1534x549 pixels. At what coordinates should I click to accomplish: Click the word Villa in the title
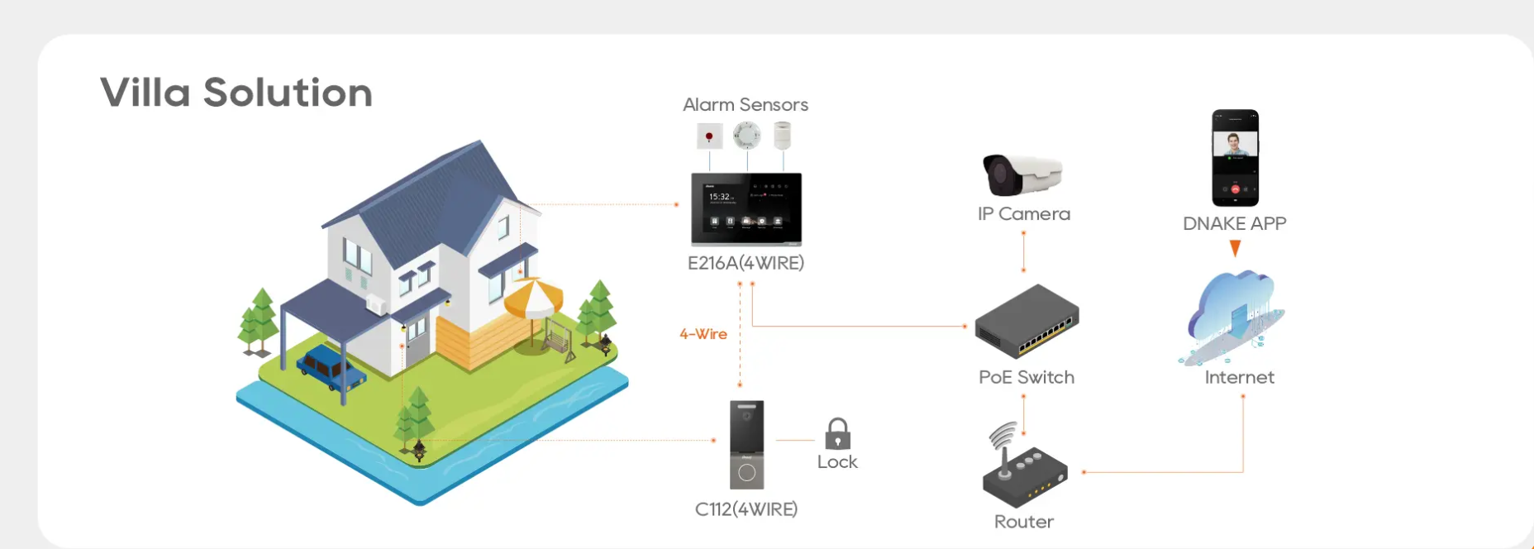point(145,93)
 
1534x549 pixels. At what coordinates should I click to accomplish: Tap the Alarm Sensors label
point(746,105)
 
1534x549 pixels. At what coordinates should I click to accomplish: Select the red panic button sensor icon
point(709,136)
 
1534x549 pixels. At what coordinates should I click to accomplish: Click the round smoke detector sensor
point(746,135)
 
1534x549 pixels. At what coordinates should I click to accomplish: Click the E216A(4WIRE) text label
point(746,263)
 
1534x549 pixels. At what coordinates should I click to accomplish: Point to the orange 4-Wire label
point(703,334)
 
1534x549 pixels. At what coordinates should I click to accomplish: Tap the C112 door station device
point(746,445)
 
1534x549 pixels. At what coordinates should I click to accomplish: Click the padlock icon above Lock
point(837,433)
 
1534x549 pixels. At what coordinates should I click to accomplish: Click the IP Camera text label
point(1023,214)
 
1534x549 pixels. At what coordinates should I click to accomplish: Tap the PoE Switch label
point(1027,377)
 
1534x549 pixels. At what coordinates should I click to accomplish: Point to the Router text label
point(1024,522)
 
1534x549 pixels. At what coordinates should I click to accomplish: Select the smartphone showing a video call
point(1235,157)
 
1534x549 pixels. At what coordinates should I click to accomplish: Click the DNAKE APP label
point(1234,223)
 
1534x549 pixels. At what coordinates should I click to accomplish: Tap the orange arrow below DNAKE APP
point(1235,248)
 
